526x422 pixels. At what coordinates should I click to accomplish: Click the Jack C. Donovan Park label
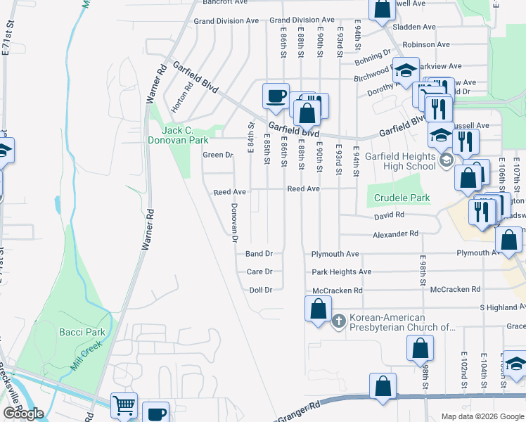click(188, 135)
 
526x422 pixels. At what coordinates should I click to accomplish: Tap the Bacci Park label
click(82, 332)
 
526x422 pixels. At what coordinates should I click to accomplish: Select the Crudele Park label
click(402, 198)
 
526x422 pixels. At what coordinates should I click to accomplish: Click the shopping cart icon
click(124, 406)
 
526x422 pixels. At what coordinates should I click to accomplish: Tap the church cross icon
click(338, 321)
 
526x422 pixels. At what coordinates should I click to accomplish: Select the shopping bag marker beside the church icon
click(318, 309)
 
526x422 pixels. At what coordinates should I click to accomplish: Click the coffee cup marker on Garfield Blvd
click(276, 95)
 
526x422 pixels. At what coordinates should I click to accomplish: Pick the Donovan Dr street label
click(234, 223)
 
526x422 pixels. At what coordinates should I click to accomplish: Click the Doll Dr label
click(260, 290)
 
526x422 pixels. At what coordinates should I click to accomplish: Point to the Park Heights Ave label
click(342, 271)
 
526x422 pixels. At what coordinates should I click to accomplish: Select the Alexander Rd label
click(395, 234)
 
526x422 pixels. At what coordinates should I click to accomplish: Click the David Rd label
click(389, 215)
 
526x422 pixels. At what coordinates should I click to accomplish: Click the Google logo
click(23, 414)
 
